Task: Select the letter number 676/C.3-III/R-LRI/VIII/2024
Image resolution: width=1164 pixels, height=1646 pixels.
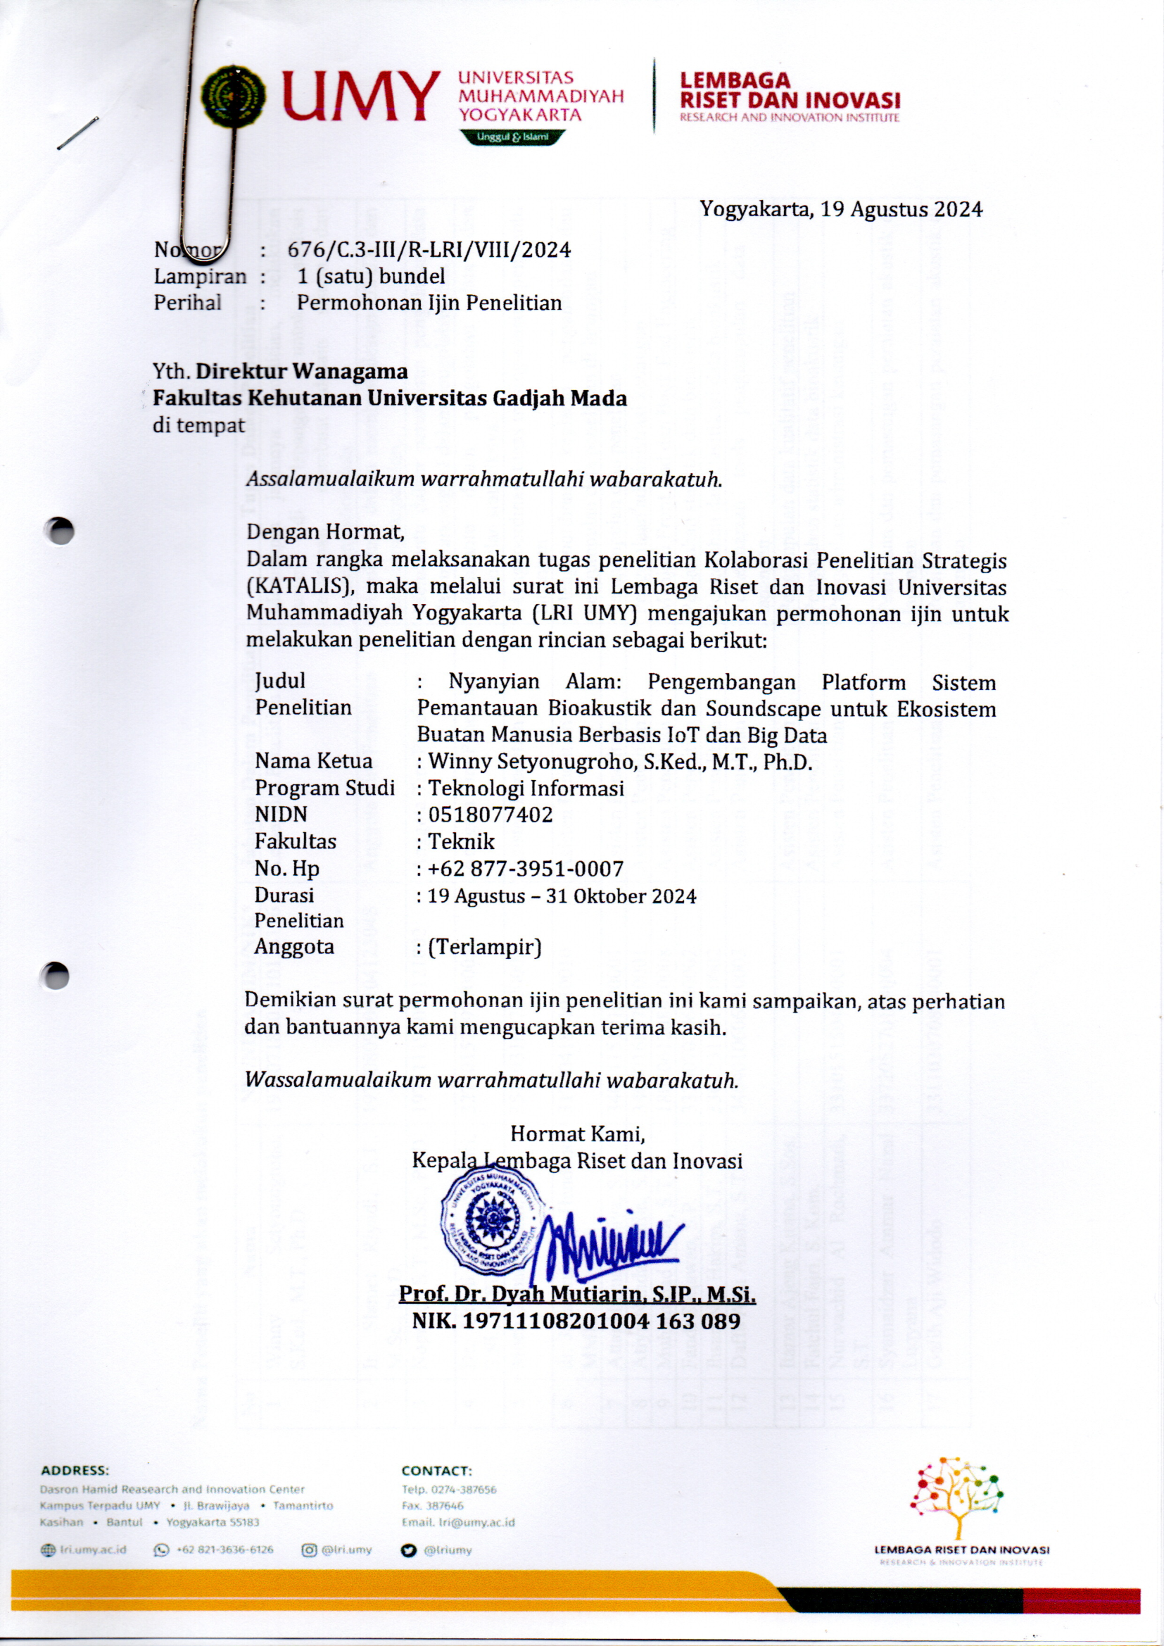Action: (429, 250)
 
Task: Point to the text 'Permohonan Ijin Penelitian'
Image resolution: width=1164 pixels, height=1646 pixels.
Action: (429, 303)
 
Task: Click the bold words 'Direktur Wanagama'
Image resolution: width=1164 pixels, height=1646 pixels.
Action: (302, 371)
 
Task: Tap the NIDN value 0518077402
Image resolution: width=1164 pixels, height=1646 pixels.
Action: (491, 815)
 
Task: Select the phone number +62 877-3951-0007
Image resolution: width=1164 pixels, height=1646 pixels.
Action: (526, 869)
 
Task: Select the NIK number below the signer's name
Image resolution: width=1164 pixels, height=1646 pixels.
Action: (576, 1321)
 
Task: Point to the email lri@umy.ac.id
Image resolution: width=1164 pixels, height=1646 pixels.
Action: (458, 1522)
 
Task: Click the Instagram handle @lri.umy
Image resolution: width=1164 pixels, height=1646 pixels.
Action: (347, 1550)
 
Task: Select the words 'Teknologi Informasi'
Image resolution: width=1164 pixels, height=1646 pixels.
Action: (526, 789)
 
